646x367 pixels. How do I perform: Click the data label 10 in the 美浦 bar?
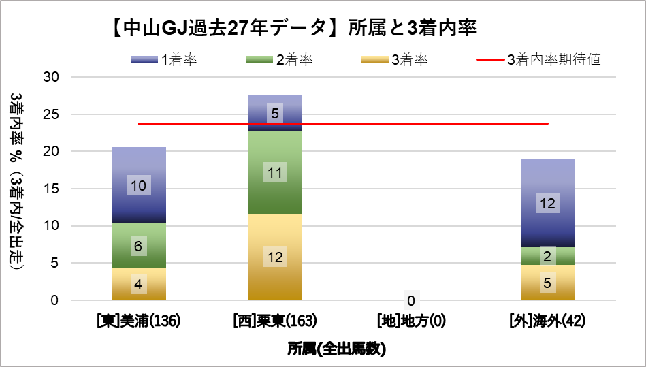[x=139, y=185]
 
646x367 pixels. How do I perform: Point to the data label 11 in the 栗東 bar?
[x=275, y=173]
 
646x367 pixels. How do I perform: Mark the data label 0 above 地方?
[x=411, y=300]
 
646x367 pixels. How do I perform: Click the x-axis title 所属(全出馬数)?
[x=336, y=349]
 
